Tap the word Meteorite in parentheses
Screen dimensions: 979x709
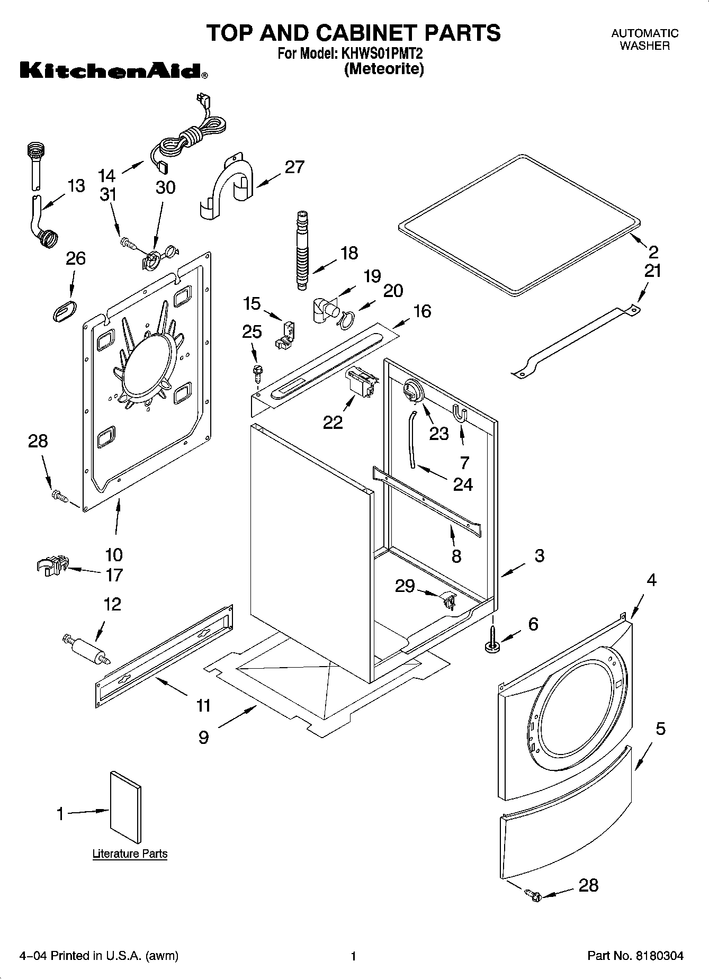click(384, 69)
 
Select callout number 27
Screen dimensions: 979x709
click(294, 167)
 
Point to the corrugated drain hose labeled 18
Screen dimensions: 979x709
click(301, 249)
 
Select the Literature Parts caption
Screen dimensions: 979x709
click(130, 854)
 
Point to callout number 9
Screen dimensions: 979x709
click(204, 737)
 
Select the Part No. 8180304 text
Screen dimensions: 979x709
click(635, 956)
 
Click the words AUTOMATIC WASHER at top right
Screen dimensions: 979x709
click(644, 39)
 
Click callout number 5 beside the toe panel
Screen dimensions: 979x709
click(660, 729)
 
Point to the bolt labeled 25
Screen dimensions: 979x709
click(258, 373)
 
